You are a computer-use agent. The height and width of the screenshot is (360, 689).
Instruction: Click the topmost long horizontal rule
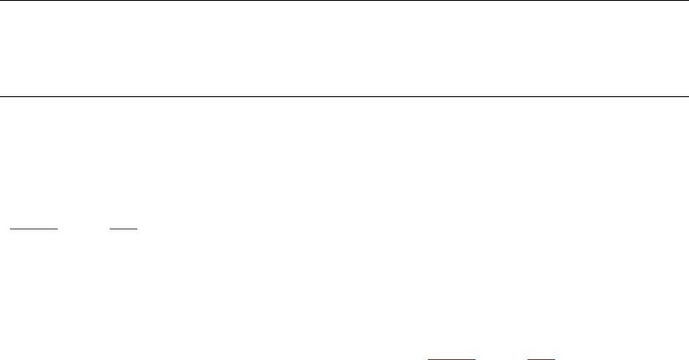[x=344, y=1]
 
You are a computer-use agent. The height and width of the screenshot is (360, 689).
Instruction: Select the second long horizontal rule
[x=344, y=96]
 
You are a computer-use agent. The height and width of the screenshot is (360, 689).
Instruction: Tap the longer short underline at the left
[x=33, y=227]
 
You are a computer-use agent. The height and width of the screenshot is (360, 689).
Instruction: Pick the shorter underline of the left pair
[x=123, y=227]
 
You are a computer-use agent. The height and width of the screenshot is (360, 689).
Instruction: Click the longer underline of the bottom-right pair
[x=451, y=357]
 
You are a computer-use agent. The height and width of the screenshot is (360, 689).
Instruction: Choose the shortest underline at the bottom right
[x=542, y=357]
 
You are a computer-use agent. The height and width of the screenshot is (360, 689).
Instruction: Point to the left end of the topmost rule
[x=1, y=1]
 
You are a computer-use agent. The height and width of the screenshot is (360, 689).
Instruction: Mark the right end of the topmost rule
[x=687, y=1]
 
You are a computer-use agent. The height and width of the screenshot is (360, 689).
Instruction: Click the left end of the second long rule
[x=1, y=96]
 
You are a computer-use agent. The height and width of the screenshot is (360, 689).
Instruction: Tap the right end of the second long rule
[x=687, y=96]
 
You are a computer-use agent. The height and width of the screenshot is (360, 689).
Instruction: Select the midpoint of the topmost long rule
[x=344, y=1]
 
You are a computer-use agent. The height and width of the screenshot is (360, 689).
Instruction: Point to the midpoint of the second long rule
[x=344, y=96]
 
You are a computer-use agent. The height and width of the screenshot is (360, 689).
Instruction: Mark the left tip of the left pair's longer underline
[x=9, y=227]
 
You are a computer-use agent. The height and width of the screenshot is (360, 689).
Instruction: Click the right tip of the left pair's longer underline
[x=56, y=227]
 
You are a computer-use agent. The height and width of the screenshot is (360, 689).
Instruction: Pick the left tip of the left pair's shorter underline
[x=111, y=227]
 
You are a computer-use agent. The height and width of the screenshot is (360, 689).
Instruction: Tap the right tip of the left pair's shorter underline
[x=136, y=227]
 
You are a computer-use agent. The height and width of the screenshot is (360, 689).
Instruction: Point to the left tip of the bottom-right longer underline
[x=428, y=357]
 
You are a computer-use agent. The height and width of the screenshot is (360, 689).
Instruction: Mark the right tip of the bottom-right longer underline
[x=475, y=357]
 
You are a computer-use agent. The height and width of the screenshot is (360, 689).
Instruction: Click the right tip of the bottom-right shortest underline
[x=555, y=357]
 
